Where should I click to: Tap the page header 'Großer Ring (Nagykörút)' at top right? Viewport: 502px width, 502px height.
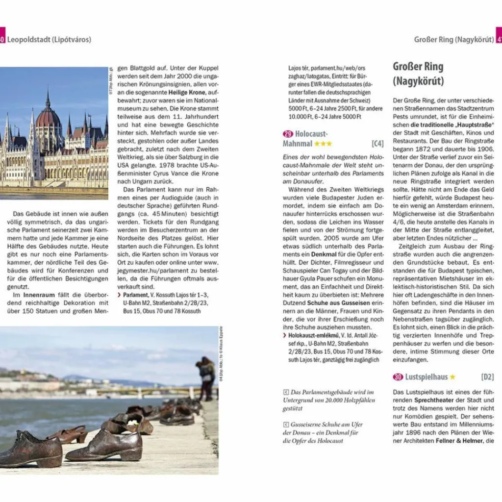pyautogui.click(x=453, y=39)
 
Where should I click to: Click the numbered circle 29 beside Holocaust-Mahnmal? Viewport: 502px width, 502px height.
pyautogui.click(x=288, y=134)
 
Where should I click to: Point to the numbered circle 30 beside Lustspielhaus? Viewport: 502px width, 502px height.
pyautogui.click(x=398, y=377)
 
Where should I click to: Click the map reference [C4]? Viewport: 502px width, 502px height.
pyautogui.click(x=377, y=144)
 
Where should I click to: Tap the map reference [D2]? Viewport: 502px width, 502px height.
pyautogui.click(x=487, y=377)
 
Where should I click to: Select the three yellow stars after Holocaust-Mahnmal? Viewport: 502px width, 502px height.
pyautogui.click(x=323, y=144)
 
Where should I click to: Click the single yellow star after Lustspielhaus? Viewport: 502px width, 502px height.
pyautogui.click(x=452, y=377)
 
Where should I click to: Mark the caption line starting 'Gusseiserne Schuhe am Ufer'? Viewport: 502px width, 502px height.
pyautogui.click(x=323, y=425)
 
